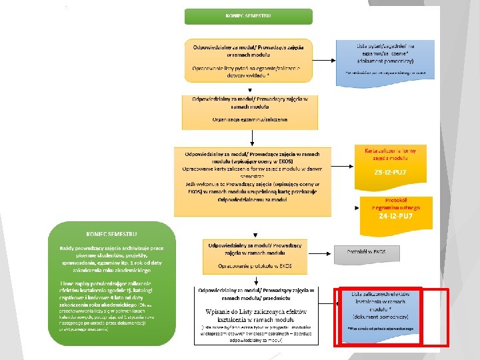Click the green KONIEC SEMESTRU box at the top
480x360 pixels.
click(x=248, y=16)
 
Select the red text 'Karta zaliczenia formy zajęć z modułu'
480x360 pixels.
click(x=391, y=155)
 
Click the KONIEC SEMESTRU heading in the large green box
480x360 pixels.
click(x=111, y=233)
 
